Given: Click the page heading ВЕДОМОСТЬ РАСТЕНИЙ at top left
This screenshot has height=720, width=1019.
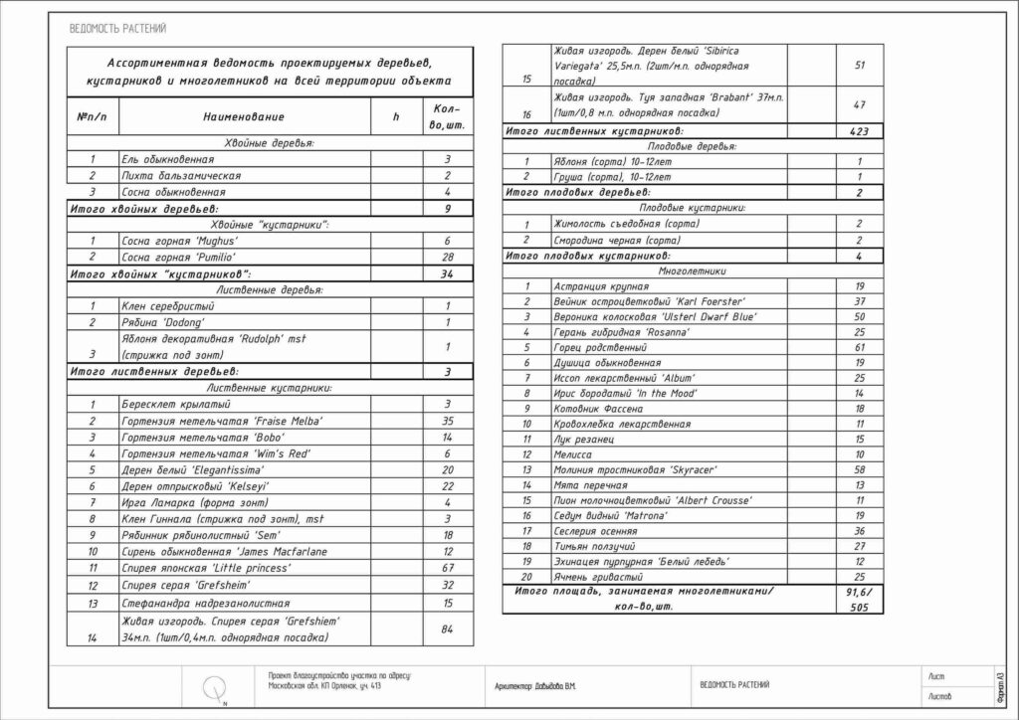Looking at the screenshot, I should pos(117,29).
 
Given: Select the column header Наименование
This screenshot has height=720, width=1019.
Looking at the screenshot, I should pos(244,117).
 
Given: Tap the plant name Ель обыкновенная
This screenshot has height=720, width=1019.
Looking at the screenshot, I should pos(167,159).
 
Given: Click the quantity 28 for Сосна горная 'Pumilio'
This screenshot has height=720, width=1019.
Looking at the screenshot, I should pos(448,257).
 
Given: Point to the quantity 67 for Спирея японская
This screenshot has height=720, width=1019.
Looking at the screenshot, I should pos(448,568).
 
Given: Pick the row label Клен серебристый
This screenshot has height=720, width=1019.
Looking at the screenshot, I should pos(160,305).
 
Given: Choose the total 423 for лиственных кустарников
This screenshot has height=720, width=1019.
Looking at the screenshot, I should pos(860,130).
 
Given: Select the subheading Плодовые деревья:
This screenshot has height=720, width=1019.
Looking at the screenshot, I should pos(695,146).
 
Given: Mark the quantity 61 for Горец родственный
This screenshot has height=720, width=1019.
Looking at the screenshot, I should pos(860,348).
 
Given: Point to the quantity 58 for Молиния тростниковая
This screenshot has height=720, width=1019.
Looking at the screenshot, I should pos(860,468).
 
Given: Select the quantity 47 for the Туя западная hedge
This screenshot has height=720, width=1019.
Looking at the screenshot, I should pos(860,104).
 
